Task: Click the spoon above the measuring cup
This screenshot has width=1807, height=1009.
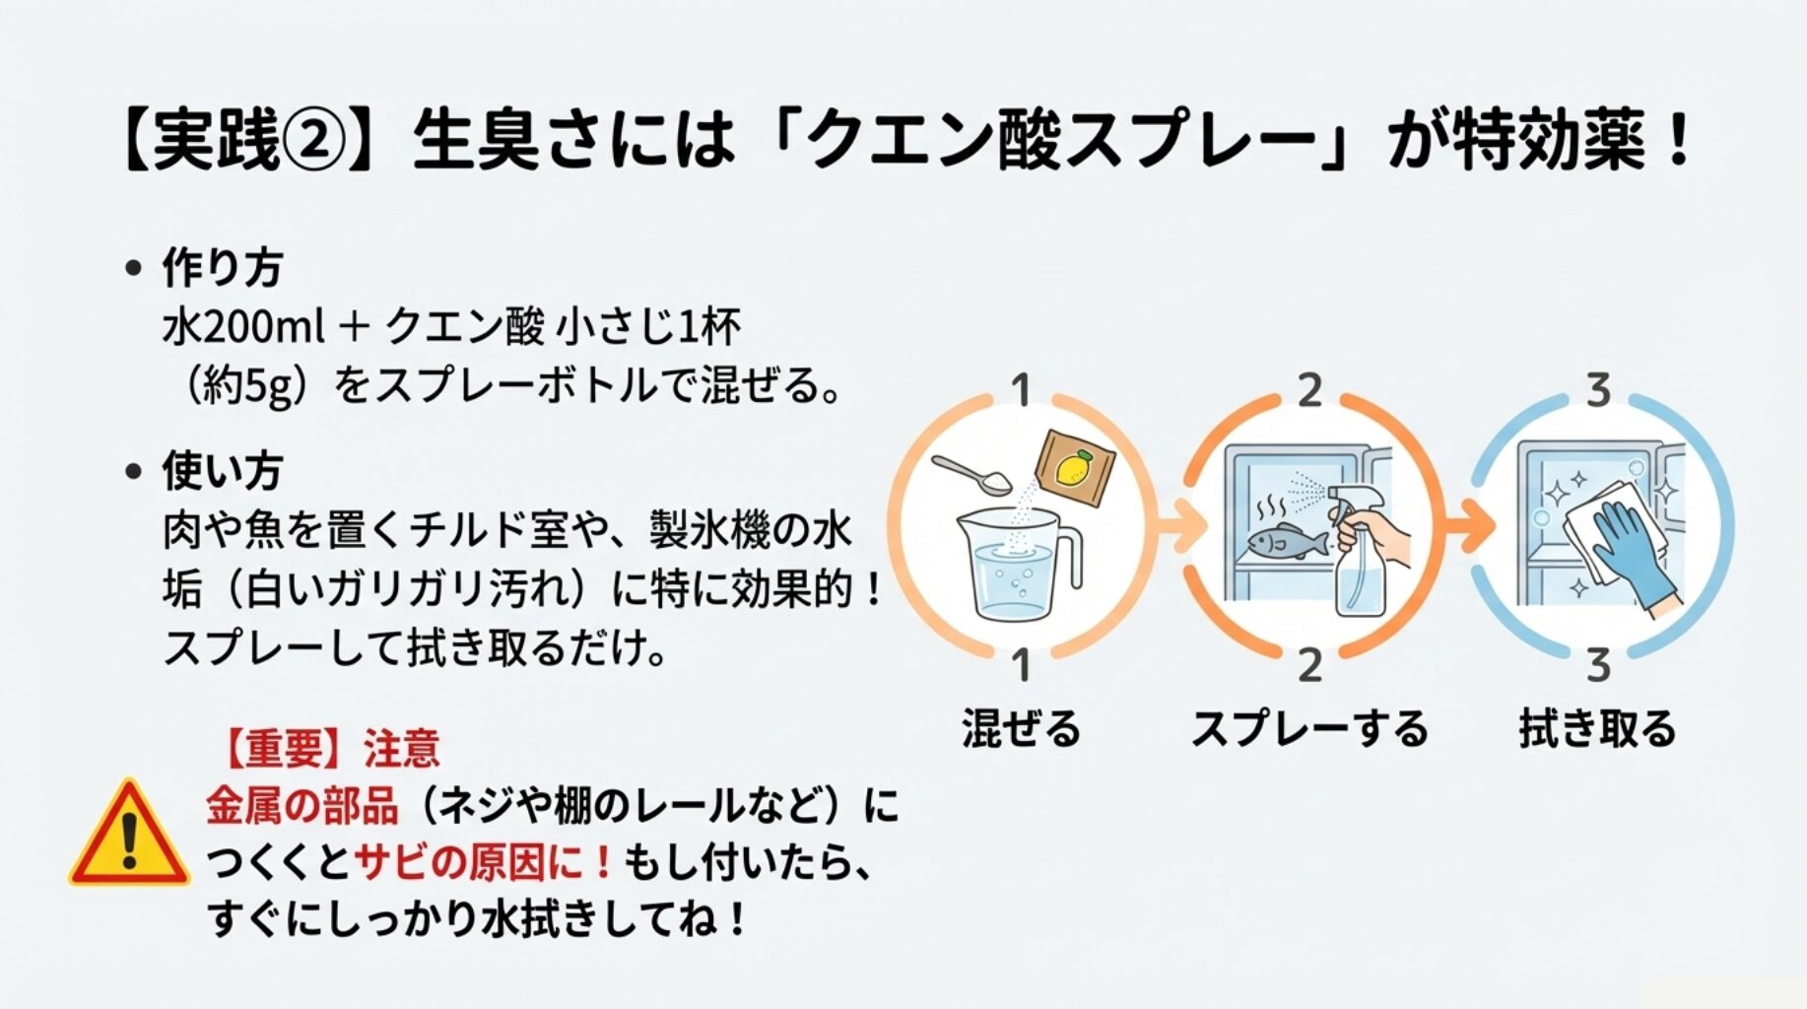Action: pos(970,474)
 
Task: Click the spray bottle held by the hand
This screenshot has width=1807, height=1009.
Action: pos(1358,562)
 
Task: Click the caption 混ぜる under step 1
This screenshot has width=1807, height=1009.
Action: pos(1021,729)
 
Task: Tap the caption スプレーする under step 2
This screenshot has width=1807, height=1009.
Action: pos(1309,729)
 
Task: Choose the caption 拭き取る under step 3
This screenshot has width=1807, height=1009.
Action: pos(1597,729)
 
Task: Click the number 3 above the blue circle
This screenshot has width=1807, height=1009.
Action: pos(1598,391)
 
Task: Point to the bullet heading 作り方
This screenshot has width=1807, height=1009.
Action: pos(222,268)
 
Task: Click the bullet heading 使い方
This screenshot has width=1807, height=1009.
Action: pos(222,471)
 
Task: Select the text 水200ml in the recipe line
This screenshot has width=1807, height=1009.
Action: pos(242,326)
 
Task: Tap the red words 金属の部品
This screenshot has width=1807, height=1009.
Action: pos(301,806)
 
